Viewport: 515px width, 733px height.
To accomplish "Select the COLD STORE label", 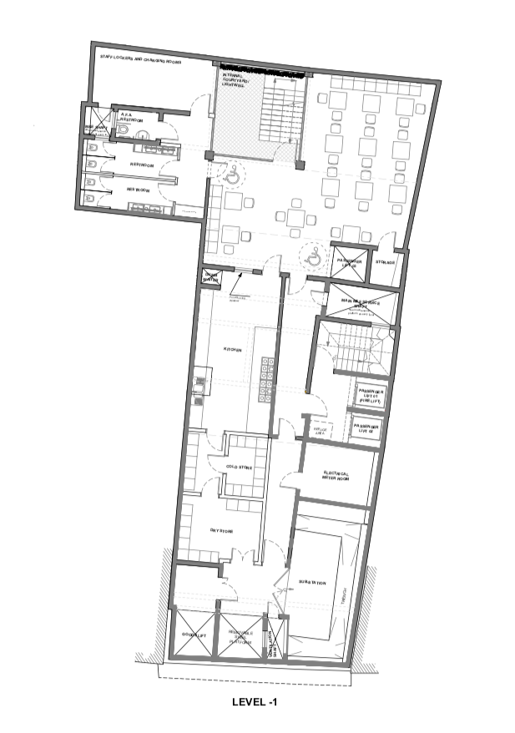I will (x=239, y=467).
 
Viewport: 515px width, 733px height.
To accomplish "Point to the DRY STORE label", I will (x=221, y=531).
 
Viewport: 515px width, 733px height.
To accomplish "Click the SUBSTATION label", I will (x=311, y=582).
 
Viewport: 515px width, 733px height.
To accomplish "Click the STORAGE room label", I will (x=385, y=262).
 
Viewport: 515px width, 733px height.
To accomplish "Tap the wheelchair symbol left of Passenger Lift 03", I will (x=314, y=257).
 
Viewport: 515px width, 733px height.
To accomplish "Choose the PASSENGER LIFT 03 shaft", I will (x=349, y=262).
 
